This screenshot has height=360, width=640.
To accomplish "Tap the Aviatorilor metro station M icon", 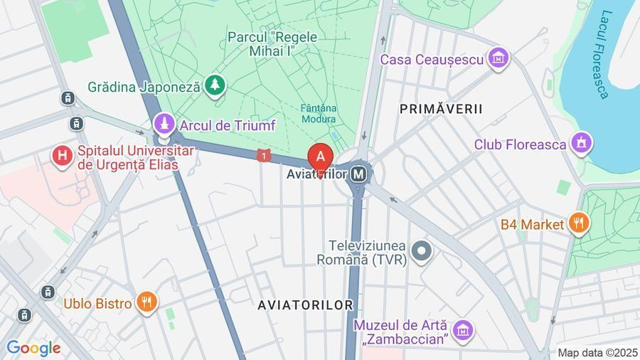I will click(360, 173).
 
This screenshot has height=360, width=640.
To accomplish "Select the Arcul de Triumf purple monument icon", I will click(165, 125).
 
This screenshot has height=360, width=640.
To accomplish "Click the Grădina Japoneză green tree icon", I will click(215, 86).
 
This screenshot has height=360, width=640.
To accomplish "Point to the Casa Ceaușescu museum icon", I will click(499, 59).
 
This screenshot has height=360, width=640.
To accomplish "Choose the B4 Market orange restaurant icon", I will click(579, 224).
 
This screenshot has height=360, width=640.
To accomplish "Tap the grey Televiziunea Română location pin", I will click(422, 250).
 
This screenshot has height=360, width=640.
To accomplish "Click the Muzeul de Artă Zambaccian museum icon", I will click(463, 329).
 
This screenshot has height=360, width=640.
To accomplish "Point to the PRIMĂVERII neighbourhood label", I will click(441, 109).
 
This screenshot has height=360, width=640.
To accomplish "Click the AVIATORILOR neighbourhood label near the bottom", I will click(306, 305).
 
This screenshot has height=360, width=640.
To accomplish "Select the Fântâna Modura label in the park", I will click(318, 113).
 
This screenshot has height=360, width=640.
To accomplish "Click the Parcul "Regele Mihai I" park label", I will click(272, 43).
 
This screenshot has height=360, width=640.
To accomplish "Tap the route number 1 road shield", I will click(265, 155).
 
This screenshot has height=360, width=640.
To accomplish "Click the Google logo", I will click(33, 348).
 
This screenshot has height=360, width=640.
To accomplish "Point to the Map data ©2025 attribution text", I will click(597, 352).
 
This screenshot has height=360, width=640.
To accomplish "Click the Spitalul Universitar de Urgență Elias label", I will click(127, 158).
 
